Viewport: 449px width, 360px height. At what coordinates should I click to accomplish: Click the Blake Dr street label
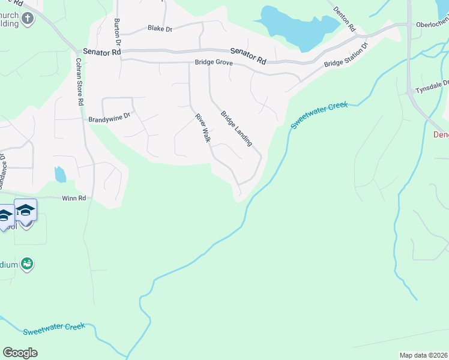(x=160, y=28)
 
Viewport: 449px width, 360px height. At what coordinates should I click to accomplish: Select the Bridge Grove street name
(x=213, y=62)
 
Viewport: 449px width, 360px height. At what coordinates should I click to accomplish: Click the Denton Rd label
(x=345, y=20)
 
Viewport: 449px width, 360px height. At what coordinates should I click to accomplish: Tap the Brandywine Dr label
(x=109, y=119)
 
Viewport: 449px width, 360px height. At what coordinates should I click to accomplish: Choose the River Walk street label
(x=202, y=128)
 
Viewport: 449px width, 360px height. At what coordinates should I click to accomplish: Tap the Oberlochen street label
(x=432, y=25)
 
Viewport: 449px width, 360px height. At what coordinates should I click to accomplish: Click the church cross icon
(x=27, y=19)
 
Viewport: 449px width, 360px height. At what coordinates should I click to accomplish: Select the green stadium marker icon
(x=26, y=263)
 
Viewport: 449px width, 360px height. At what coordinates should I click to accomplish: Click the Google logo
(x=20, y=352)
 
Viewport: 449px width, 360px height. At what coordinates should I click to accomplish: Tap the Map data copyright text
(x=423, y=355)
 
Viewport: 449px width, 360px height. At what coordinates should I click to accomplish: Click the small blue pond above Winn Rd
(x=60, y=175)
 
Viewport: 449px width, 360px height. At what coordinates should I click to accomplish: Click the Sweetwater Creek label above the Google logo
(x=58, y=329)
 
